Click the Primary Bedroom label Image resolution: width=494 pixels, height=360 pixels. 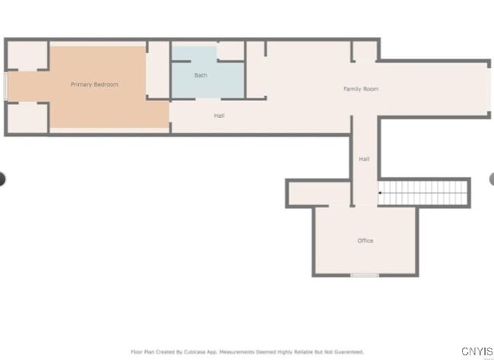pos(94,84)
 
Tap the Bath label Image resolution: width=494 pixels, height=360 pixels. pos(201,75)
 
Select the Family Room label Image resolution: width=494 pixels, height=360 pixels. pos(360,90)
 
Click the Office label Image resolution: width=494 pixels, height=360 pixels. pos(366,241)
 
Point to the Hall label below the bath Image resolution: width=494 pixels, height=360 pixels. pos(219,115)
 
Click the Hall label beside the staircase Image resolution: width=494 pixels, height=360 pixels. pos(364,159)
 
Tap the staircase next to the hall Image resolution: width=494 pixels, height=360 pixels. pos(424,193)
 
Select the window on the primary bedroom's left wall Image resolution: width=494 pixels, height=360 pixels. pos(6,85)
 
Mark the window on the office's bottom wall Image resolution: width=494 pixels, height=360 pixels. pos(365,275)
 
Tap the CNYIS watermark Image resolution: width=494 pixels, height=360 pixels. pos(475,352)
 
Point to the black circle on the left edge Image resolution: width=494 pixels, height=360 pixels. pos(2,179)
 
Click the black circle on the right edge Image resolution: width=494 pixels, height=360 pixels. pos(492,179)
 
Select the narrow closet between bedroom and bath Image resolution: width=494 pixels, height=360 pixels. pos(158,70)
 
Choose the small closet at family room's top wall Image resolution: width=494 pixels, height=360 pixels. pos(365,52)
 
